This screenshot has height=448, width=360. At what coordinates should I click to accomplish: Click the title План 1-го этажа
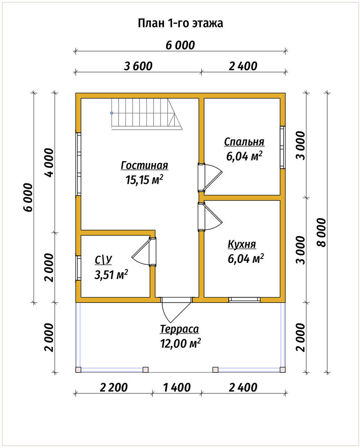tap(180, 23)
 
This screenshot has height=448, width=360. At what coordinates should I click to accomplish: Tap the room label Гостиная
tap(144, 165)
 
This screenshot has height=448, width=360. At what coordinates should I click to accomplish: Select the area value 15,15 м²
tap(144, 180)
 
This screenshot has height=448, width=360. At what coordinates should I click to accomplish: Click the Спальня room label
tap(244, 142)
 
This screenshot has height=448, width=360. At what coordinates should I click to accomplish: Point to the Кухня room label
tap(242, 245)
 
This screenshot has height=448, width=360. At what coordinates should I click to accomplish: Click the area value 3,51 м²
tap(111, 275)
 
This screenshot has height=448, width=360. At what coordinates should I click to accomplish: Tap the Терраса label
tap(179, 329)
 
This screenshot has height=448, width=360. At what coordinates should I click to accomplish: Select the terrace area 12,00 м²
tap(180, 343)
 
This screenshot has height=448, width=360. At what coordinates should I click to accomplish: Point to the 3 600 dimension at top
tap(138, 66)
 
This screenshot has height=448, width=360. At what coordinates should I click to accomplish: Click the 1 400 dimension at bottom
tap(177, 388)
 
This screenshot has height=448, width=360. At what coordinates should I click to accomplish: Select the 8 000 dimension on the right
tap(322, 233)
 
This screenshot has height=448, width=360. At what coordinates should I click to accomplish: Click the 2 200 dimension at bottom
tap(113, 388)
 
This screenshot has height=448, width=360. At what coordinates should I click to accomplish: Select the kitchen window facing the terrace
tap(244, 300)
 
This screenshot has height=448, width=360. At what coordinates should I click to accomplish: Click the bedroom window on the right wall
tap(282, 147)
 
